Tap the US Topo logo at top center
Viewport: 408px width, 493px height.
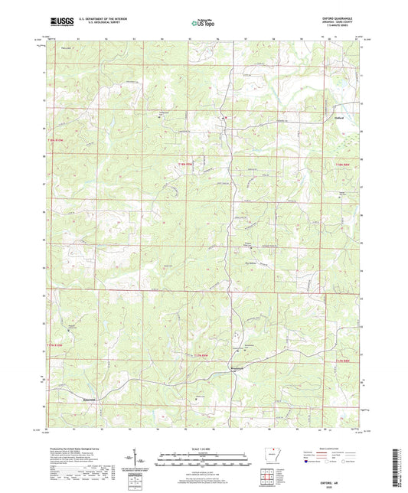pyautogui.click(x=201, y=24)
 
